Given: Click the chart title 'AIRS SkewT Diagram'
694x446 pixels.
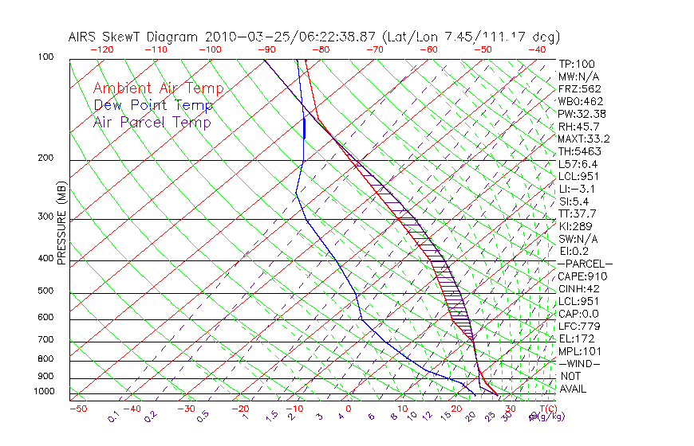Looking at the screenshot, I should tap(133, 37).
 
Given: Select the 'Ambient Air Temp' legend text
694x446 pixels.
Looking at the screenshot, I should tap(158, 88).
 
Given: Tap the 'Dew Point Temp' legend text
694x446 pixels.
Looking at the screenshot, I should tap(153, 105).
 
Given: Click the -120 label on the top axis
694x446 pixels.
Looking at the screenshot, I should tap(101, 49).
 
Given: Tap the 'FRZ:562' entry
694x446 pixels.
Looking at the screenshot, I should tap(580, 88).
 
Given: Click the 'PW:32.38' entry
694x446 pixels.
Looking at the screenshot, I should tap(583, 114).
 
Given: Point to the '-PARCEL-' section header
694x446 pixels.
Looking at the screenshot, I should tap(585, 264).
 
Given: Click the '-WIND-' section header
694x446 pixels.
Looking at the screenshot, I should tap(580, 363).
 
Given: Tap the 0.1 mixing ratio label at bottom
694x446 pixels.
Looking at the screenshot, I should tap(113, 417).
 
